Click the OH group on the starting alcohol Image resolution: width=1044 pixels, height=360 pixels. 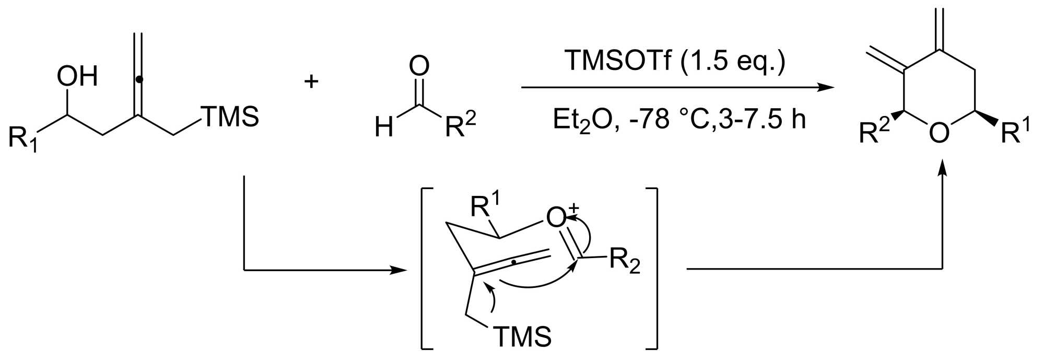click(x=77, y=76)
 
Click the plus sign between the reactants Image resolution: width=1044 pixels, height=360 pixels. click(x=312, y=81)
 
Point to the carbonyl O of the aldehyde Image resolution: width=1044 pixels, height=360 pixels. click(x=419, y=66)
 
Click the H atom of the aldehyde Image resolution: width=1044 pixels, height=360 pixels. click(x=384, y=127)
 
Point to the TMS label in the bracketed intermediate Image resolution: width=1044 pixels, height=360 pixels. click(x=522, y=336)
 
